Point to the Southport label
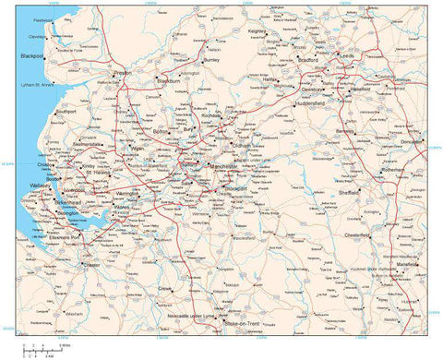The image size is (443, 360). tap(66, 111)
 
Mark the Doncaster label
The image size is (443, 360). tap(414, 142)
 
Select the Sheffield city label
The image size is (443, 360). tap(348, 193)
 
